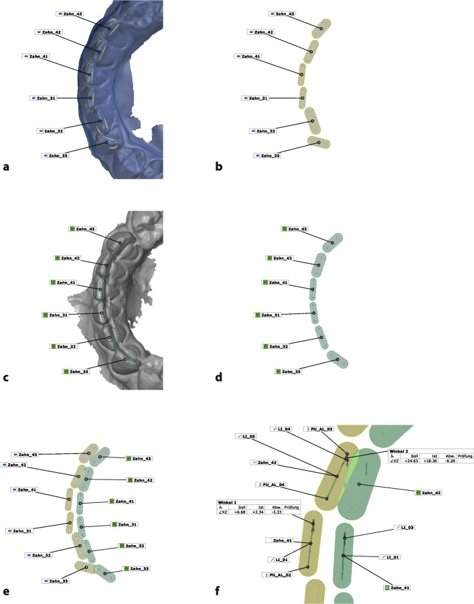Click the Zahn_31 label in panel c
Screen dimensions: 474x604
click(57, 315)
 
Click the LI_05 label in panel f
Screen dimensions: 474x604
click(246, 436)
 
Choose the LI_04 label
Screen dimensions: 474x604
click(283, 429)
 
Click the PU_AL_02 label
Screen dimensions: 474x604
click(279, 575)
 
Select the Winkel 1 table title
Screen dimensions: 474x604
click(228, 501)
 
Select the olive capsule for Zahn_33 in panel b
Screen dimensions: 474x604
click(319, 142)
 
